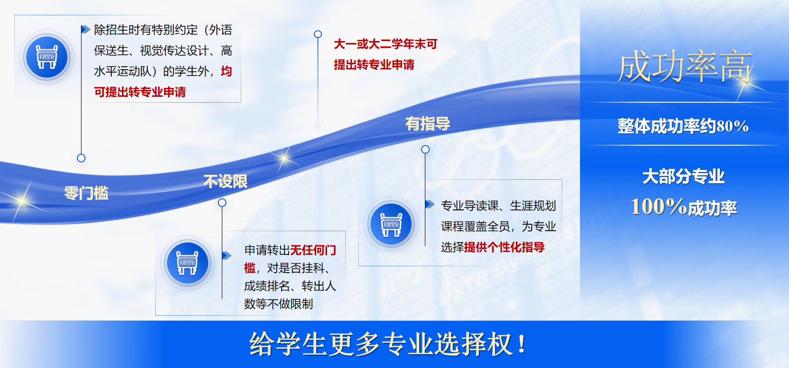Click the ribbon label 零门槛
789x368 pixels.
[86, 193]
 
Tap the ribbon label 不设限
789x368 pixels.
[225, 182]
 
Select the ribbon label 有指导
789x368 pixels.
[428, 123]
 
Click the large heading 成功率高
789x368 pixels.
[685, 66]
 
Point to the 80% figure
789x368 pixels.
[733, 126]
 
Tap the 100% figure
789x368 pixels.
[659, 206]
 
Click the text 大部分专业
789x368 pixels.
[683, 176]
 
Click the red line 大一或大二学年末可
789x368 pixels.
[385, 44]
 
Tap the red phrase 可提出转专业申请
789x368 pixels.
[140, 92]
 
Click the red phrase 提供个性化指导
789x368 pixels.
[504, 247]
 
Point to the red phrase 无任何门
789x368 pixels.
[313, 250]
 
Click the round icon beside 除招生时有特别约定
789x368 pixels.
[47, 57]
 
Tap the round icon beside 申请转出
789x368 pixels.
[187, 263]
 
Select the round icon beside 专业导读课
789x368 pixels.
[391, 224]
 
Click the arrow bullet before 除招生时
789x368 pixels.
[85, 29]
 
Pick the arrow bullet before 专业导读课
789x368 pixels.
[430, 204]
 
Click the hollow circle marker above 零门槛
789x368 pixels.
[81, 158]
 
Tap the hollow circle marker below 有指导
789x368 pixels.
[425, 149]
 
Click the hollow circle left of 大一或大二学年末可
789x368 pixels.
[318, 34]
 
